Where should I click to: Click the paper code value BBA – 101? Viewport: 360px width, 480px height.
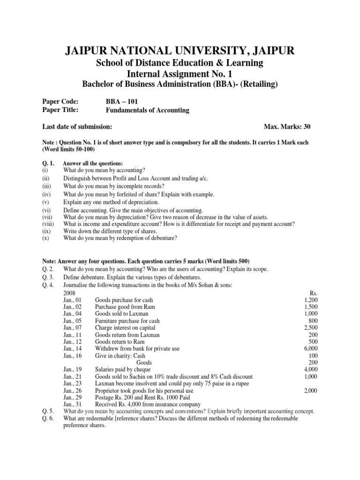click(x=122, y=101)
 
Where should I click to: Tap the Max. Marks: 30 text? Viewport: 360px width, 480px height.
click(x=287, y=127)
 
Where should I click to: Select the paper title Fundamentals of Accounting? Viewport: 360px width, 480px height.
click(x=148, y=110)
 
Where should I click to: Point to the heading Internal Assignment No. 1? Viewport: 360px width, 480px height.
click(x=180, y=74)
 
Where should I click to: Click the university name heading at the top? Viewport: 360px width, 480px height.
click(x=180, y=51)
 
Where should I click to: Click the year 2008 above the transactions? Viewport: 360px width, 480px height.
click(x=70, y=292)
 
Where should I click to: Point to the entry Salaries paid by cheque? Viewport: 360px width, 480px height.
click(x=124, y=369)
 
